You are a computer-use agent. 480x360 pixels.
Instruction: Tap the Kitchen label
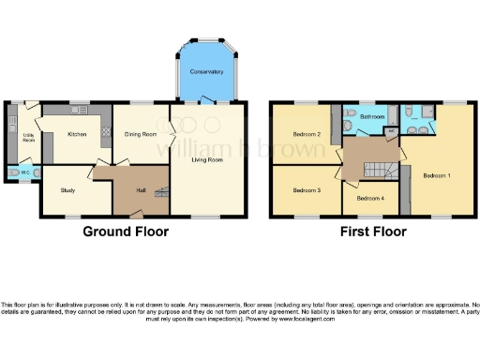click(77, 134)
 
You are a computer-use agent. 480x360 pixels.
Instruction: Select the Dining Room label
click(141, 134)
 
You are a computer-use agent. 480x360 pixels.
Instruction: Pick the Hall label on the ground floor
click(140, 190)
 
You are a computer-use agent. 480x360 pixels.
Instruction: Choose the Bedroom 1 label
click(436, 175)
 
